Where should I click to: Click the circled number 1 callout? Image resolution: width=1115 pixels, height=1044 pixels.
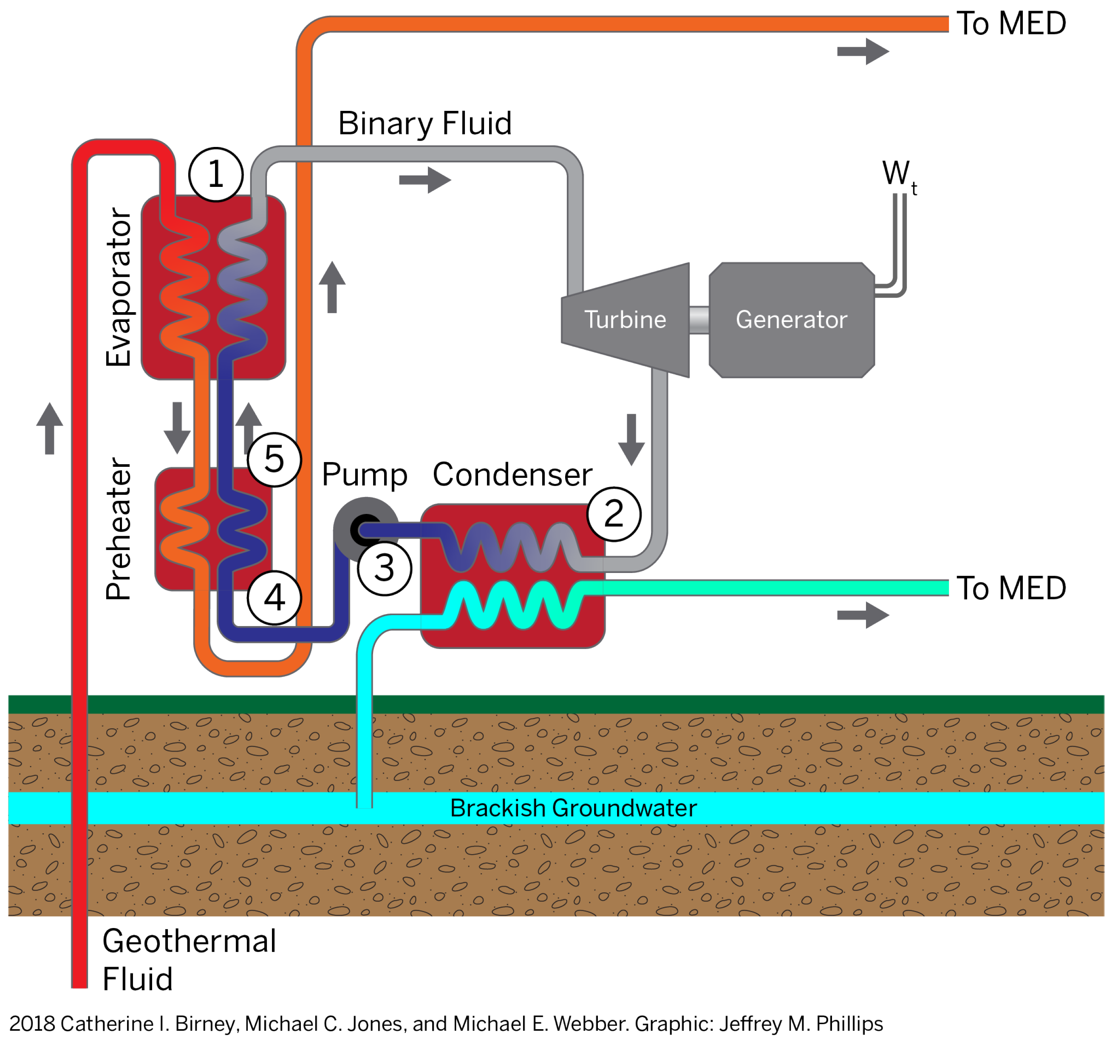pyautogui.click(x=216, y=175)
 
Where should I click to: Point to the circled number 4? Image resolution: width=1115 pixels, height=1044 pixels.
pyautogui.click(x=274, y=598)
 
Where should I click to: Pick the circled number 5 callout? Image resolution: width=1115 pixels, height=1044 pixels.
pyautogui.click(x=274, y=460)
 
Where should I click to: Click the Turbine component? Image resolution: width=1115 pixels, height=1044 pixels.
pyautogui.click(x=625, y=319)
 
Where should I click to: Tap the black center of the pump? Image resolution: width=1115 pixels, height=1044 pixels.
pyautogui.click(x=365, y=529)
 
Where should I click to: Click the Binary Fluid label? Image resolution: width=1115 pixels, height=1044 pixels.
pyautogui.click(x=424, y=123)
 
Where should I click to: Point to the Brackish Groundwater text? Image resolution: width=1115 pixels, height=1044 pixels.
pyautogui.click(x=573, y=808)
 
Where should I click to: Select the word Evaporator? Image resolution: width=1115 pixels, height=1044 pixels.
pyautogui.click(x=119, y=287)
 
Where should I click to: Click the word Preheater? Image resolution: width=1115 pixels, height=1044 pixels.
pyautogui.click(x=119, y=529)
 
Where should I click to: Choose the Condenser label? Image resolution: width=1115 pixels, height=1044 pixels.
pyautogui.click(x=512, y=475)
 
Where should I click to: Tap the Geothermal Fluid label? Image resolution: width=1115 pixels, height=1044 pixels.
pyautogui.click(x=189, y=960)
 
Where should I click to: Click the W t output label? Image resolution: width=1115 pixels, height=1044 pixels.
pyautogui.click(x=899, y=177)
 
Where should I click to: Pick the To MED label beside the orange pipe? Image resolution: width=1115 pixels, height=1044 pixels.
pyautogui.click(x=1011, y=23)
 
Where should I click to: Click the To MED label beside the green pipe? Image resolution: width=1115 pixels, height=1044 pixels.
pyautogui.click(x=1011, y=588)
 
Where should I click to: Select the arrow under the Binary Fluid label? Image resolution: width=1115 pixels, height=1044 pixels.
pyautogui.click(x=425, y=180)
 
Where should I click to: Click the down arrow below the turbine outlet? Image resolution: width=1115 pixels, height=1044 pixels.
pyautogui.click(x=631, y=440)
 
